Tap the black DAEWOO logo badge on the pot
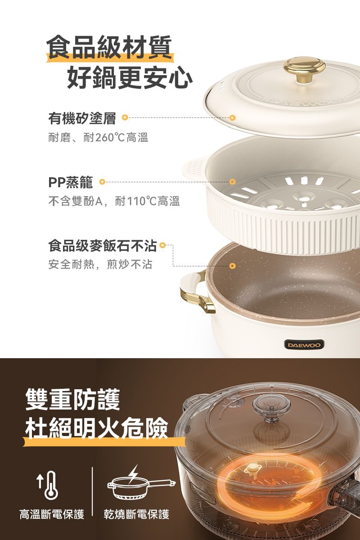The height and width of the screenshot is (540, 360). click(303, 345)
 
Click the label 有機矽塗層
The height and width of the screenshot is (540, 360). click(82, 118)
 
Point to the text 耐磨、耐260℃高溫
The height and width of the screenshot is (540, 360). click(99, 138)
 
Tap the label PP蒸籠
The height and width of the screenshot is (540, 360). click(71, 183)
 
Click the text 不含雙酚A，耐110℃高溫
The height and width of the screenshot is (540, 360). click(114, 202)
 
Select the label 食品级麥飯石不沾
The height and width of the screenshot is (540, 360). click(103, 246)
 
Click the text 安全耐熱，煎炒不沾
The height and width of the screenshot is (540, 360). click(100, 265)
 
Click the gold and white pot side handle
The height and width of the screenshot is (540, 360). click(197, 293)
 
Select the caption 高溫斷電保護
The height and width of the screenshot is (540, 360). click(52, 514)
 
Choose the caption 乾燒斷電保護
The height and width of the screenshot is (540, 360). click(136, 514)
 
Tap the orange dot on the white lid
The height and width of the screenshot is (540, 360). click(232, 118)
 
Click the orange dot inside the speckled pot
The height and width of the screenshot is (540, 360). click(232, 266)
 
